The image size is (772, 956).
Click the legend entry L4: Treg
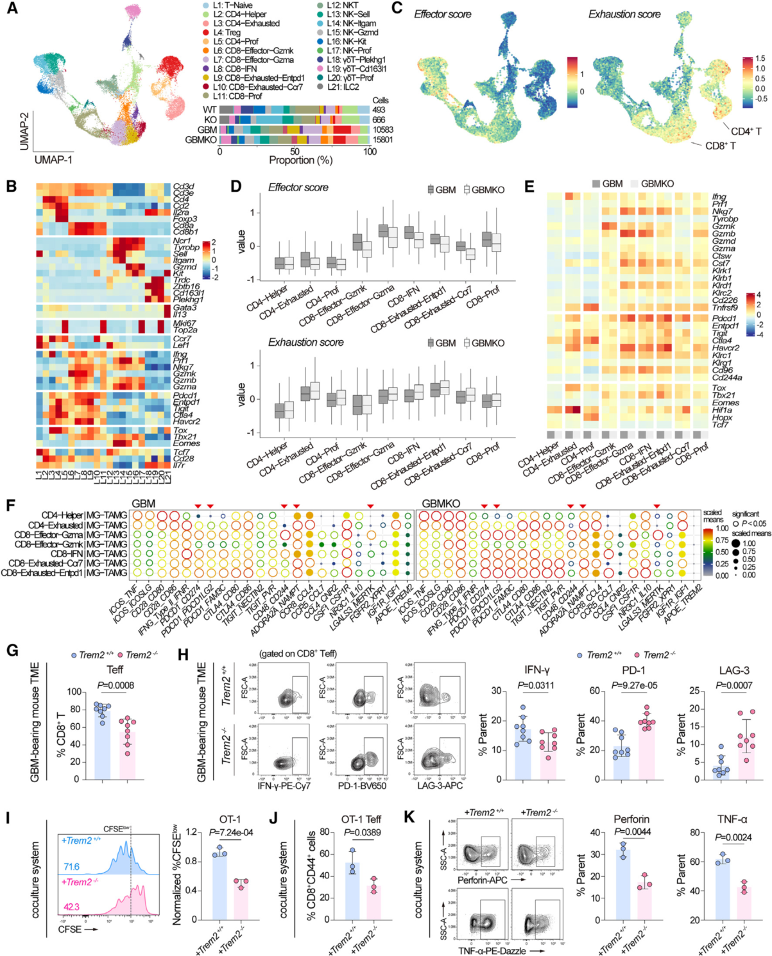point(227,32)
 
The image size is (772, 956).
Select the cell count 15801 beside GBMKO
point(382,139)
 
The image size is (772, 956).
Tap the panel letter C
point(397,8)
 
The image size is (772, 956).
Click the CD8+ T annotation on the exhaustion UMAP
point(720,146)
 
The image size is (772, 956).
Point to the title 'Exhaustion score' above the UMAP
point(624,14)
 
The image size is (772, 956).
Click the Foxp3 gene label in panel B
point(185,219)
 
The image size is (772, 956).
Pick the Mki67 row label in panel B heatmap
point(184,323)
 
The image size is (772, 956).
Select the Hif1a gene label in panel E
point(722,410)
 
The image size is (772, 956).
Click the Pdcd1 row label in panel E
point(724,318)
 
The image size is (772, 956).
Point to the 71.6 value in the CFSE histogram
point(71,867)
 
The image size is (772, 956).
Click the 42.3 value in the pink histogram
point(71,907)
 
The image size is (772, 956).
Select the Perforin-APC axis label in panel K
point(482,880)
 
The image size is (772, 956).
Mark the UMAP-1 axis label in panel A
point(53,158)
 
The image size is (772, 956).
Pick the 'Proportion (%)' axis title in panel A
point(300,160)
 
